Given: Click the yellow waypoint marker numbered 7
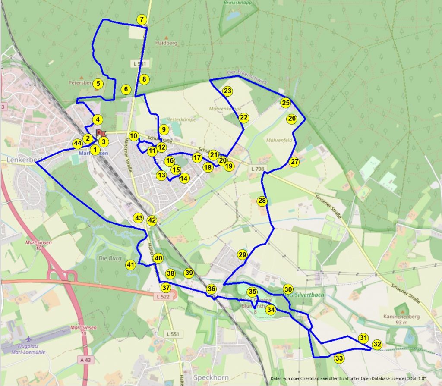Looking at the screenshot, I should coord(142,19).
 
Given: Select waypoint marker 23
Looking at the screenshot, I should coord(227,91).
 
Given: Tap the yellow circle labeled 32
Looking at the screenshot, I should coord(377,344).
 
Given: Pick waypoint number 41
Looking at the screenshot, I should coord(131,265).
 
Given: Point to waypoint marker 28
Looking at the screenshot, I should coord(262,201).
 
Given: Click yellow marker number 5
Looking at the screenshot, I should coord(98,84).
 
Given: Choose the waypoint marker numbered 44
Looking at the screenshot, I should coord(78,143).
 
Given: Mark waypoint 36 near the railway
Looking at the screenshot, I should coord(211,289).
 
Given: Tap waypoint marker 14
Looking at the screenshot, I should coord(184,178).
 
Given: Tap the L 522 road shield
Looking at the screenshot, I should coord(163,297).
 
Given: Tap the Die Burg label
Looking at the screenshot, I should coord(108,259).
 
